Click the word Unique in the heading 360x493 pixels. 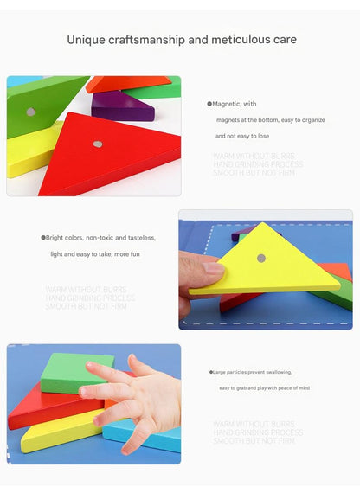click(x=87, y=40)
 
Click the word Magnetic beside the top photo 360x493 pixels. click(x=226, y=104)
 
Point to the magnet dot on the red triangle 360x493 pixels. click(x=97, y=144)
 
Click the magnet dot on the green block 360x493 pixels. click(x=31, y=112)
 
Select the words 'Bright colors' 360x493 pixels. click(x=64, y=237)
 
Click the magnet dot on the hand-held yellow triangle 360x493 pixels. click(x=260, y=258)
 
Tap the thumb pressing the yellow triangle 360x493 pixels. click(x=202, y=270)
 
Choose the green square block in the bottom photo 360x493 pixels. click(x=76, y=372)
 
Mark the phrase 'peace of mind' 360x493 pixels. click(x=291, y=388)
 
